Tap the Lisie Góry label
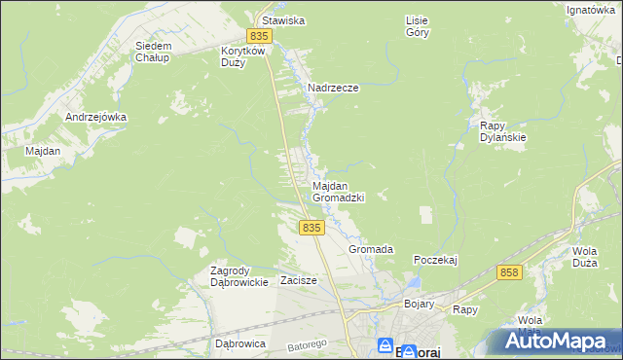point(417,25)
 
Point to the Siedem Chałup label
point(154,51)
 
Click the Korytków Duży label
point(243,55)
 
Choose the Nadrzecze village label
point(334,88)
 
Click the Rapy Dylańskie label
point(503,131)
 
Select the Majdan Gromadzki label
point(338,191)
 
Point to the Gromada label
point(371,249)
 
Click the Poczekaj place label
point(435,260)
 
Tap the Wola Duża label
point(584,256)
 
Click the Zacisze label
point(299,280)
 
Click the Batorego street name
point(304,345)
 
